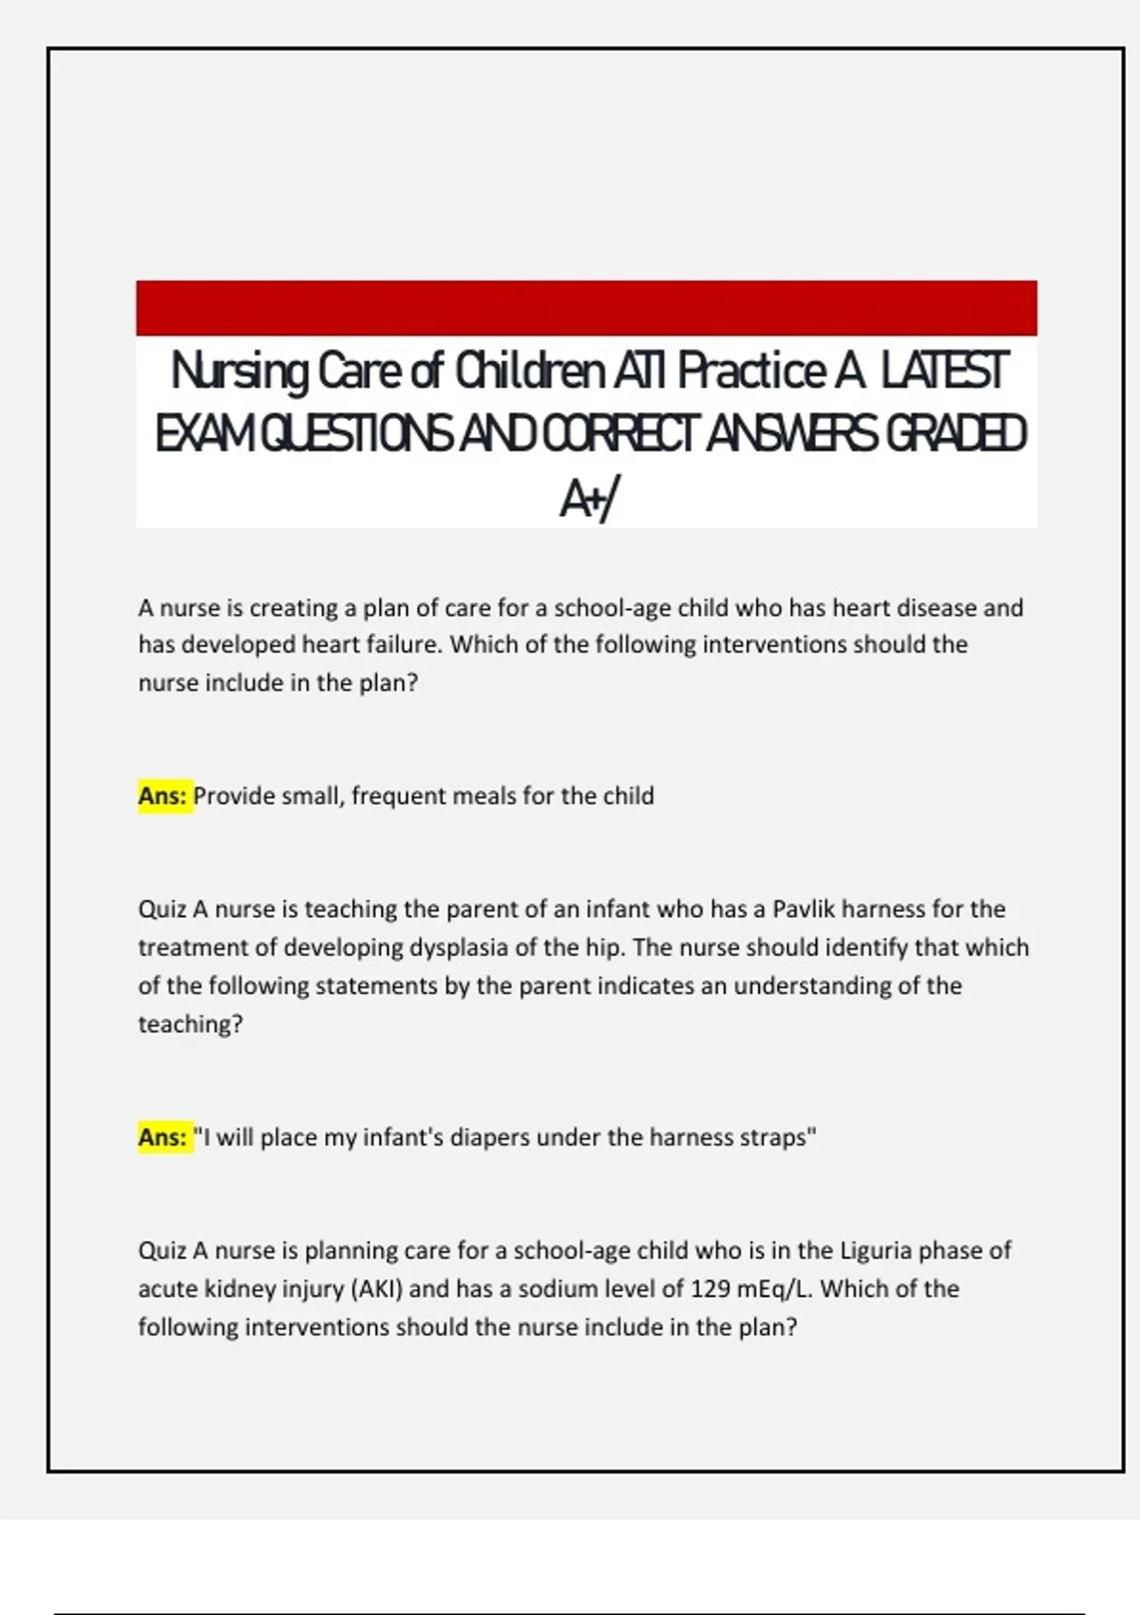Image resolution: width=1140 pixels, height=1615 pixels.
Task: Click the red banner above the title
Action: click(586, 307)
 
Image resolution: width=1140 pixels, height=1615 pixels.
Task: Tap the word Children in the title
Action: click(530, 371)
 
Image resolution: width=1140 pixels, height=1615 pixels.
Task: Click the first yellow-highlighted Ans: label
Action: click(163, 796)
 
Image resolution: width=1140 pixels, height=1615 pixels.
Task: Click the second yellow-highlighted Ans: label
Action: click(163, 1137)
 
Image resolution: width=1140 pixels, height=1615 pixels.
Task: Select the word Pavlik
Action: click(804, 909)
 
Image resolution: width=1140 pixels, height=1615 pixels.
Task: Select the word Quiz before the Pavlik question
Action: click(162, 909)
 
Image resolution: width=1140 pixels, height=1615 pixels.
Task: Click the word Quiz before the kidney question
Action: click(162, 1250)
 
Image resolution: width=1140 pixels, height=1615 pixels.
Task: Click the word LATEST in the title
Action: click(943, 371)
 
